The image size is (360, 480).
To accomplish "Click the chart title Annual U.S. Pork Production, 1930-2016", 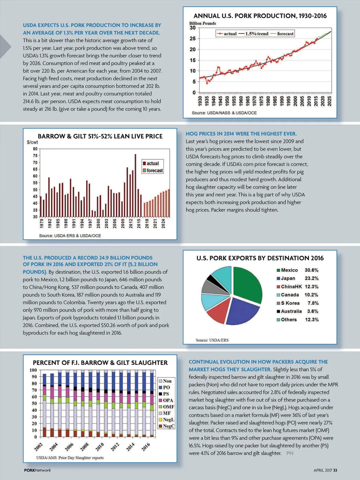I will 260,16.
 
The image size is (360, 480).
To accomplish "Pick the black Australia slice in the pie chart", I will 213,280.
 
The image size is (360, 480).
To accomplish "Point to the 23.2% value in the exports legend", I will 311,278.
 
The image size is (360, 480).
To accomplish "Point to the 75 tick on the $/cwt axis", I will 35,155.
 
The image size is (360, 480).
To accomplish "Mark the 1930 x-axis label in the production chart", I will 200,101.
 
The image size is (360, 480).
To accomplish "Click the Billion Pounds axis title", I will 202,23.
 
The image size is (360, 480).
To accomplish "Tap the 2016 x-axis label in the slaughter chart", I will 146,447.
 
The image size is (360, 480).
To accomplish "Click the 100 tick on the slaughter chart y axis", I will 33,370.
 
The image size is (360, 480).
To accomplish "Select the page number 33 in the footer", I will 335,470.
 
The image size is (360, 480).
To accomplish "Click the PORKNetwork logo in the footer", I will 37,470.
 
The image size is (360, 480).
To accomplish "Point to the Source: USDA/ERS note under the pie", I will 212,340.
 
